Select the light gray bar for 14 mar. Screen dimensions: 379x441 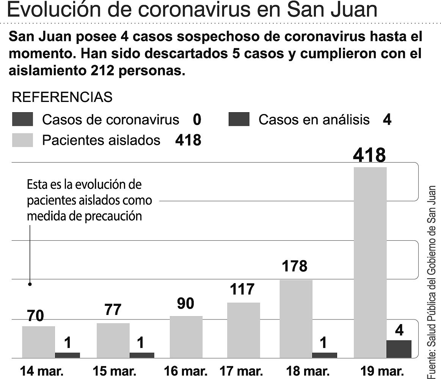pos(38,342)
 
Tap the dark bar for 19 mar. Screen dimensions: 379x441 pos(399,349)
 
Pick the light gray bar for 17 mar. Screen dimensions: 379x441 pos(243,330)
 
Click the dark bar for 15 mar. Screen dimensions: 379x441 pos(142,355)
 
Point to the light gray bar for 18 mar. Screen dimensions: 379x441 pos(296,318)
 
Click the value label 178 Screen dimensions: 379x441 pos(295,266)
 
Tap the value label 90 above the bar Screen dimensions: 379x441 pos(185,304)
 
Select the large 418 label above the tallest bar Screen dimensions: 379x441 pos(369,155)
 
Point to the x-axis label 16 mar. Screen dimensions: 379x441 pos(185,371)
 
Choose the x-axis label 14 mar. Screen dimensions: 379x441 pos(37,371)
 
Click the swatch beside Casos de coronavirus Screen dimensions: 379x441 pos(22,120)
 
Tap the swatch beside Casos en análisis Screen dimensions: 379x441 pos(239,120)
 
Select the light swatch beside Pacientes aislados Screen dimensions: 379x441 pos(22,140)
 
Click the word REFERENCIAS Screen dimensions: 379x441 pos(62,97)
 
